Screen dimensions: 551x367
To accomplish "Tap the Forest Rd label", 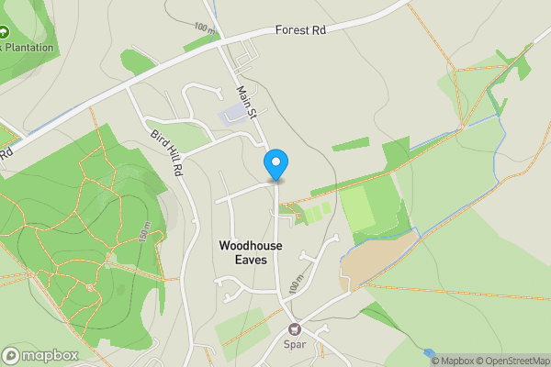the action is pos(300,29).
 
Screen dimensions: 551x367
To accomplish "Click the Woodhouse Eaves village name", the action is pos(251,252).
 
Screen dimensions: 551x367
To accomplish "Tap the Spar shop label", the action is pos(295,346).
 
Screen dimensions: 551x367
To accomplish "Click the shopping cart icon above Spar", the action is pos(295,329).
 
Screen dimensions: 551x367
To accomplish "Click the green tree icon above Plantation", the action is pos(3,32).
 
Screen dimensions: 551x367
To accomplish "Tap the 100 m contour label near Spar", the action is pos(294,285).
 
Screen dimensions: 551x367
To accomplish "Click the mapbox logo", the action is pos(40,355).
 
